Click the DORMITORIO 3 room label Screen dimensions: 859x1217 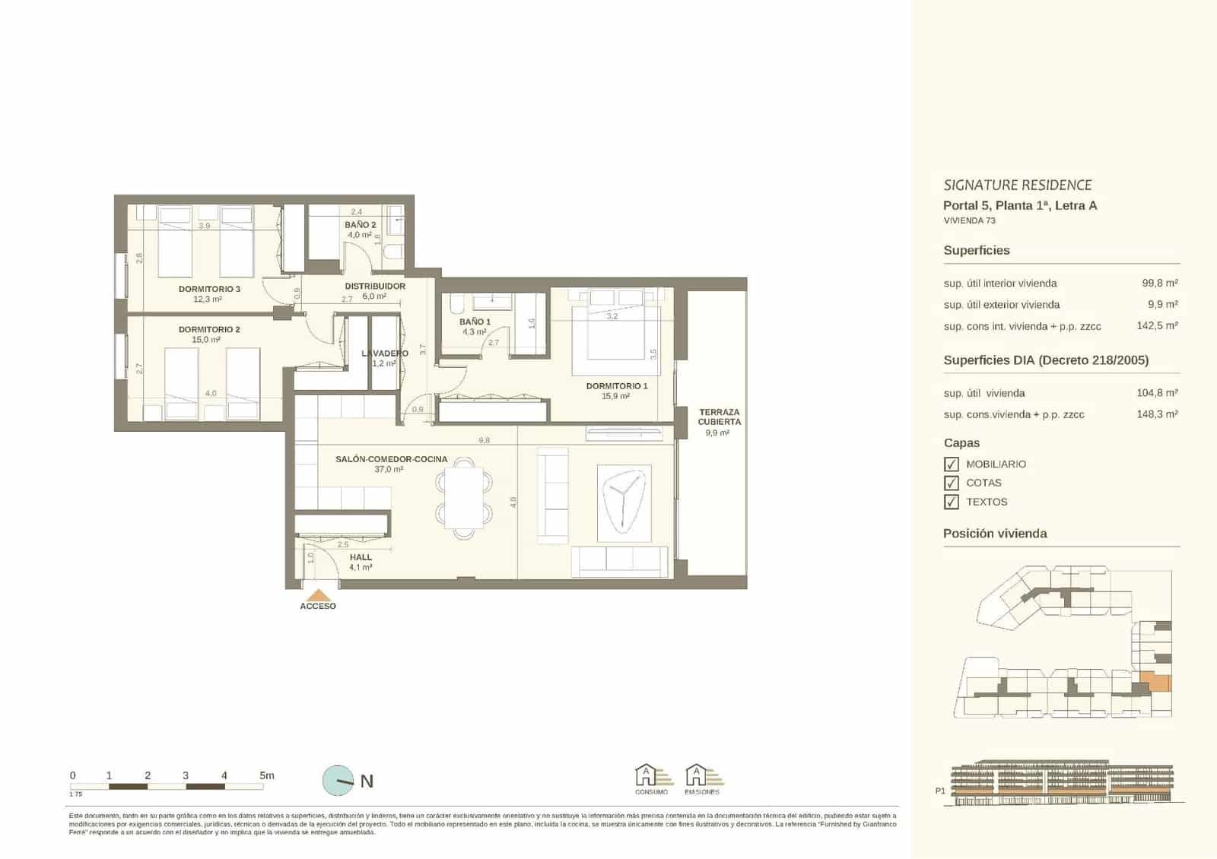click(x=209, y=289)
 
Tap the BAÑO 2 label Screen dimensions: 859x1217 click(x=360, y=225)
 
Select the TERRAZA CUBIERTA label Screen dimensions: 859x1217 click(x=719, y=417)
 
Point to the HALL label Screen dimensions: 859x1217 click(x=361, y=557)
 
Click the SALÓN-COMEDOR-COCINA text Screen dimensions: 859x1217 click(x=391, y=459)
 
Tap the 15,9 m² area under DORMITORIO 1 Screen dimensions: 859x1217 click(x=615, y=396)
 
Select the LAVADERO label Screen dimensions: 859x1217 click(x=384, y=353)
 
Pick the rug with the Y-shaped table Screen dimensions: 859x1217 click(x=624, y=502)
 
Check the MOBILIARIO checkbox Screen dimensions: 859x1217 click(x=951, y=464)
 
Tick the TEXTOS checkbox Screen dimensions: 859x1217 click(x=951, y=502)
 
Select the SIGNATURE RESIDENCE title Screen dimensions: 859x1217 click(x=1017, y=185)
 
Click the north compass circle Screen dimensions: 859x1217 click(x=338, y=780)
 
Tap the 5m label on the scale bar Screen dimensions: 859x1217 click(x=266, y=775)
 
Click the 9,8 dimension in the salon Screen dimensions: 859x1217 click(x=484, y=440)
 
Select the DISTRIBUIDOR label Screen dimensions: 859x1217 click(x=375, y=286)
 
